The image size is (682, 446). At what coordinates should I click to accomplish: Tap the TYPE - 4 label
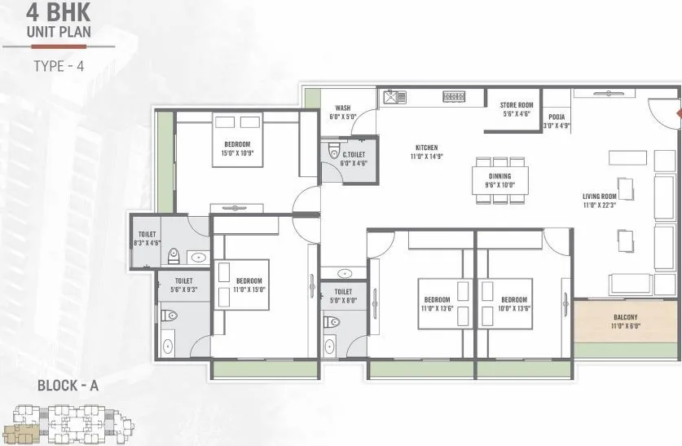[59, 66]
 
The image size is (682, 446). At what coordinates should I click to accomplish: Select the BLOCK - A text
[68, 386]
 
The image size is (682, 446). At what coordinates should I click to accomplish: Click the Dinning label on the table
[500, 180]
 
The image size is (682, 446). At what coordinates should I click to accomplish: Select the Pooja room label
[558, 121]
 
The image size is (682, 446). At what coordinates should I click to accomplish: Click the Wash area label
[343, 112]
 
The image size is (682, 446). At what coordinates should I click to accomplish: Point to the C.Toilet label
[354, 158]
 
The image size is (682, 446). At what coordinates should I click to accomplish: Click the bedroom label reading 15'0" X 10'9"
[237, 148]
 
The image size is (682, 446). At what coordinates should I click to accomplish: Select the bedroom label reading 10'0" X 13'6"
[514, 304]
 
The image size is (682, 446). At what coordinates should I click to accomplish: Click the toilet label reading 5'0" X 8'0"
[342, 295]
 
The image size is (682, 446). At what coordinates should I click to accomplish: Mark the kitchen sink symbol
[395, 97]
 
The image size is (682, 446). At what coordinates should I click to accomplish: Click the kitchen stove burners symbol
[454, 97]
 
